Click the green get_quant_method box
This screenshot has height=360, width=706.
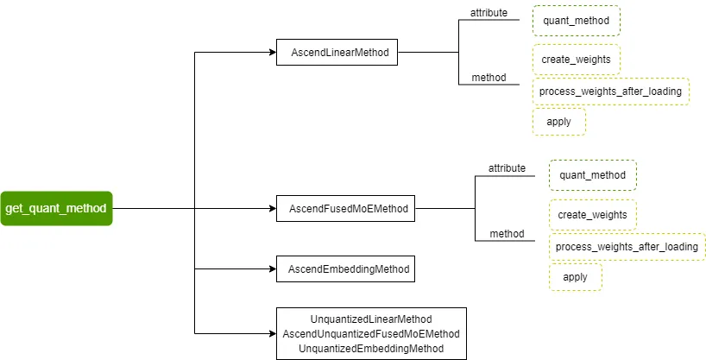[56, 208]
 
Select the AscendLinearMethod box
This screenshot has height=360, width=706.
[337, 53]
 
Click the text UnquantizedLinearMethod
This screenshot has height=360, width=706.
[371, 319]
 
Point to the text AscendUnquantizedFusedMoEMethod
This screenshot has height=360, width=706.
[371, 333]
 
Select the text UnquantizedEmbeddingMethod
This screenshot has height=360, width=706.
[371, 348]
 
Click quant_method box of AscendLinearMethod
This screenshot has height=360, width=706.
[576, 20]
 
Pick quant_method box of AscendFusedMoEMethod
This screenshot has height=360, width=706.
[592, 175]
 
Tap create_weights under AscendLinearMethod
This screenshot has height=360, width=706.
[576, 60]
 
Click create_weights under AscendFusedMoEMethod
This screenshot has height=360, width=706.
[592, 215]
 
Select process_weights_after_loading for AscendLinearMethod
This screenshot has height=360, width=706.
[610, 92]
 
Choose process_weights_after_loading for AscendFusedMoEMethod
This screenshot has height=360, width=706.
[627, 247]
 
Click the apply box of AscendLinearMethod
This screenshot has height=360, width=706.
[558, 122]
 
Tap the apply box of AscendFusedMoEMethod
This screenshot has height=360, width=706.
[575, 277]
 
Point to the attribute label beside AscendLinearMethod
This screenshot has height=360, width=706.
[489, 13]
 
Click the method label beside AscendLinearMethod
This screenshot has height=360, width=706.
[489, 78]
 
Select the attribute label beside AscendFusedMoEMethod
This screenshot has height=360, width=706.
[507, 168]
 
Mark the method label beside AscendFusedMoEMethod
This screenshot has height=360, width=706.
[507, 234]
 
